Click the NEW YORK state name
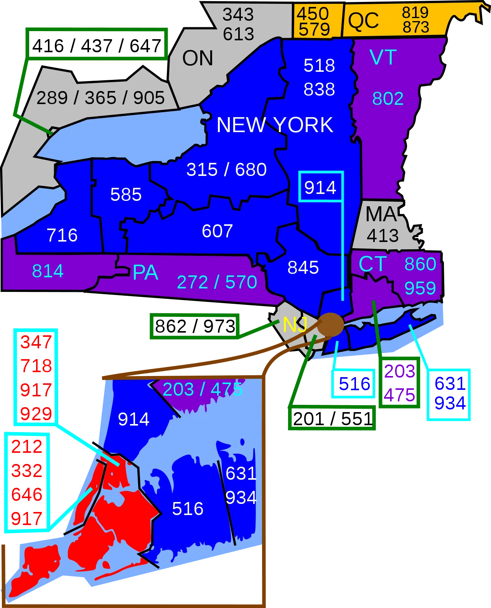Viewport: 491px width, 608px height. [275, 125]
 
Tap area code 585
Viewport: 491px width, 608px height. [126, 195]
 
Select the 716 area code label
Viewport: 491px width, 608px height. [62, 235]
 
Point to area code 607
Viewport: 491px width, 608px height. [217, 231]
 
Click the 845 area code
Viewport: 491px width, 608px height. [303, 268]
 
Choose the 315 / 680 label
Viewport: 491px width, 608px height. [226, 170]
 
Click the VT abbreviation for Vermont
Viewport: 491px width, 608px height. [383, 58]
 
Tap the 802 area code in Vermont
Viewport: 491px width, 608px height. [388, 99]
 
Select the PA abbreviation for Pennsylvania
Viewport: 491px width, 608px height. [145, 273]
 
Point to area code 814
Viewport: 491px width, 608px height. [48, 271]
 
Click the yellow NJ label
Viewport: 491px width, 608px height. [295, 325]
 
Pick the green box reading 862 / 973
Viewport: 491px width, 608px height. [195, 326]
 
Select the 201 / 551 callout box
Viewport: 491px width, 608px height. [332, 419]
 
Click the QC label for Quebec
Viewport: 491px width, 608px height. [363, 21]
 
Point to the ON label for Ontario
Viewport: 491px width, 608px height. [198, 58]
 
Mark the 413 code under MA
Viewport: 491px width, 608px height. [382, 235]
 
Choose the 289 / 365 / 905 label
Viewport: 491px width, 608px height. [101, 98]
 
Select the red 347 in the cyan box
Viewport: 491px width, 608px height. [36, 342]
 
